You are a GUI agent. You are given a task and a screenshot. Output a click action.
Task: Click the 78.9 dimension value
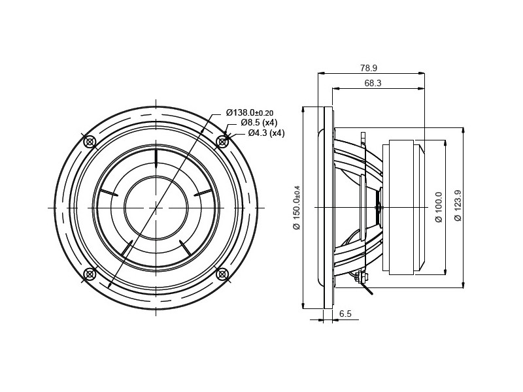point(368,68)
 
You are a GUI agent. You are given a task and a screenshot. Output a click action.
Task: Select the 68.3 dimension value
point(373,83)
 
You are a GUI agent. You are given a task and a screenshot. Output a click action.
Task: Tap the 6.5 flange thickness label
point(345,314)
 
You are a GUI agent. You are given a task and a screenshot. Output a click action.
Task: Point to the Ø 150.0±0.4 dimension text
point(297,207)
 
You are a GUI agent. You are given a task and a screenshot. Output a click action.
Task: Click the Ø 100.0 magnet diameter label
point(439,207)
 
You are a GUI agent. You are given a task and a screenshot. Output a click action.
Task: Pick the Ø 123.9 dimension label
point(458,205)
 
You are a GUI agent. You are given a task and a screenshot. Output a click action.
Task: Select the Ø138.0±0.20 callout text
point(250,112)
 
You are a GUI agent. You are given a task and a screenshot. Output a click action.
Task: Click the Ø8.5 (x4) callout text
point(259,122)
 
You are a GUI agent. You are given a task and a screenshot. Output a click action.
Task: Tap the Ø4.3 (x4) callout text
point(266,133)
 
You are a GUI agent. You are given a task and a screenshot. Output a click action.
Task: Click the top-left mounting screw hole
point(90,142)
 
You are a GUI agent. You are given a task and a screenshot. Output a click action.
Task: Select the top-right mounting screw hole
point(222,142)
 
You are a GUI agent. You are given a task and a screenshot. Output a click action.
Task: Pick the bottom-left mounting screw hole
point(90,274)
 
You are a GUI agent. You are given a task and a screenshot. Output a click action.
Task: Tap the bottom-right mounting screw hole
point(222,274)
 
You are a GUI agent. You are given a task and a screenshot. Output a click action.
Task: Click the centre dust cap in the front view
point(156,208)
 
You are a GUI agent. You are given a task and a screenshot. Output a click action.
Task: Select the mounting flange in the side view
point(328,207)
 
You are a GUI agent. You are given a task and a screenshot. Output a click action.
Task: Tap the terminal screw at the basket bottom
point(362,277)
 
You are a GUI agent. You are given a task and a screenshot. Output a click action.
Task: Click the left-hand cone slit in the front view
point(109,192)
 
